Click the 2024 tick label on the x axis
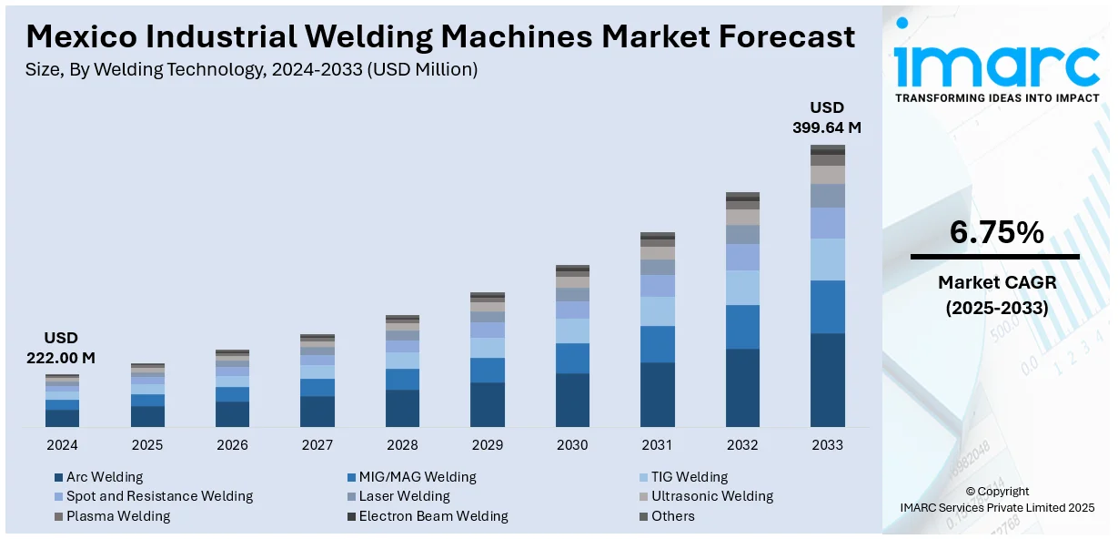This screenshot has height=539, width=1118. [x=62, y=445]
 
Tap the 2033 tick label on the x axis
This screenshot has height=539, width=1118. [x=827, y=445]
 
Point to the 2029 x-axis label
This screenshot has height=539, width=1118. [x=487, y=445]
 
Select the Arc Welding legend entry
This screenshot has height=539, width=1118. [x=105, y=477]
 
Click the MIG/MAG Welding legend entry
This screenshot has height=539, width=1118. [x=417, y=477]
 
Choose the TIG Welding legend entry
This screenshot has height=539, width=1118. [x=689, y=477]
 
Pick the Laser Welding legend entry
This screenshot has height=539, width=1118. [x=404, y=496]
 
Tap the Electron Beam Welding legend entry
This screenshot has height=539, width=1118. [x=433, y=516]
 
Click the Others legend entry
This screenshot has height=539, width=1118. [x=672, y=516]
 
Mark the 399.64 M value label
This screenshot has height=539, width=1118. [x=827, y=127]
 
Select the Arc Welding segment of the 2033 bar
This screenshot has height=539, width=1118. [x=827, y=380]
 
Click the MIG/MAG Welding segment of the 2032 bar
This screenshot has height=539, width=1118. [x=742, y=327]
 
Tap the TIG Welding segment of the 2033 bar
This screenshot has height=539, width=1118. [x=827, y=259]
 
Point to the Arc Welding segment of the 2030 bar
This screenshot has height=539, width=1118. [x=572, y=400]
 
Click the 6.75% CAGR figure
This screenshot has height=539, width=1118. [x=996, y=233]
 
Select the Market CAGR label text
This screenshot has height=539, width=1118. [x=996, y=283]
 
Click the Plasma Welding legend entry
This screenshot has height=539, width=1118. [x=118, y=516]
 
